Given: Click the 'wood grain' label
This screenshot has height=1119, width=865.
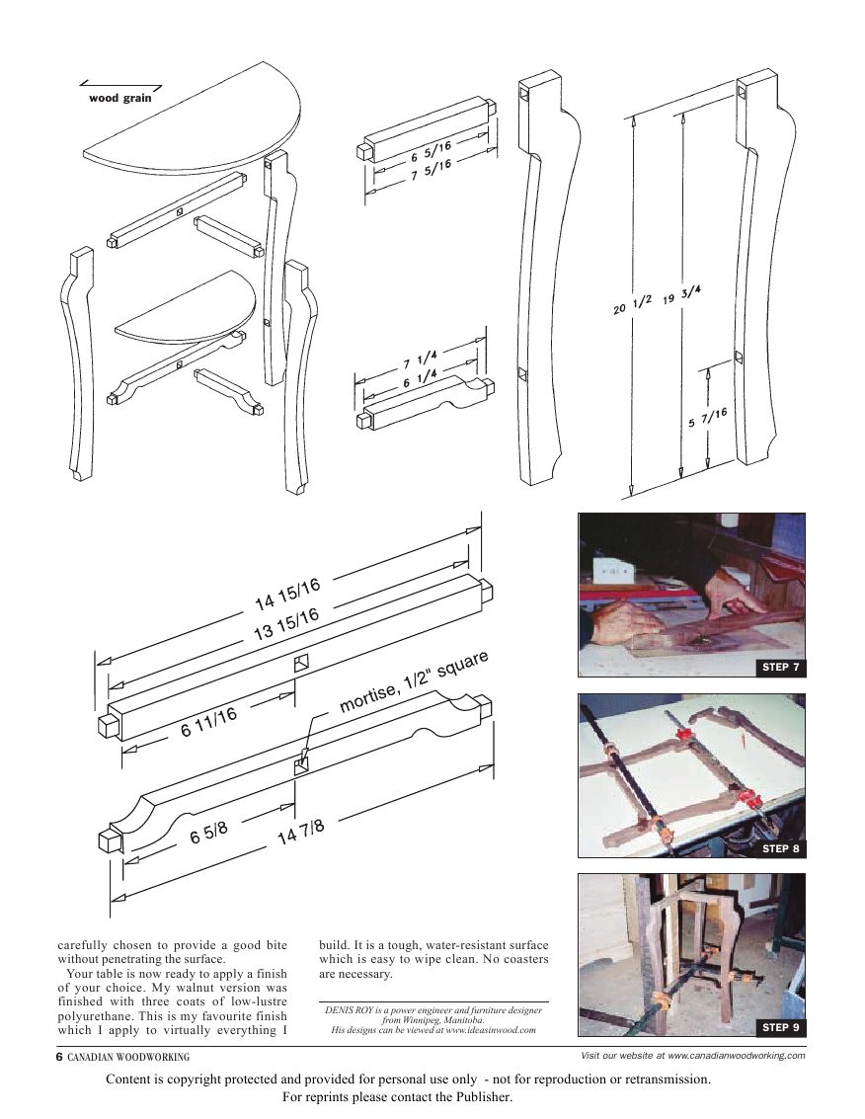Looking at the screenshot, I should (x=120, y=99).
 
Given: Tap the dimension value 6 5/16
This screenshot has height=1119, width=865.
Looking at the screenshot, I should (x=432, y=151).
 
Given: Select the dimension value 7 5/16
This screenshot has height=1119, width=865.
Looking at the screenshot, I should (x=432, y=170).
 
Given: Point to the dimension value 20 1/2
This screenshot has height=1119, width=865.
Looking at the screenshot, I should (x=632, y=306).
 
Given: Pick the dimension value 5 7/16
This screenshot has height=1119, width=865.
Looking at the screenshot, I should (x=708, y=419).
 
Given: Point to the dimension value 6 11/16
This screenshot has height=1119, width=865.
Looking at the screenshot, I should (x=208, y=723).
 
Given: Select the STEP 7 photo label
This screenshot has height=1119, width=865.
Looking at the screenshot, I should (x=781, y=668).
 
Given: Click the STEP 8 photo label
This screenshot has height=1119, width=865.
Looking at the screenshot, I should (x=781, y=848).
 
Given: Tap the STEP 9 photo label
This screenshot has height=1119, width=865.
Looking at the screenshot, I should (x=781, y=1028).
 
